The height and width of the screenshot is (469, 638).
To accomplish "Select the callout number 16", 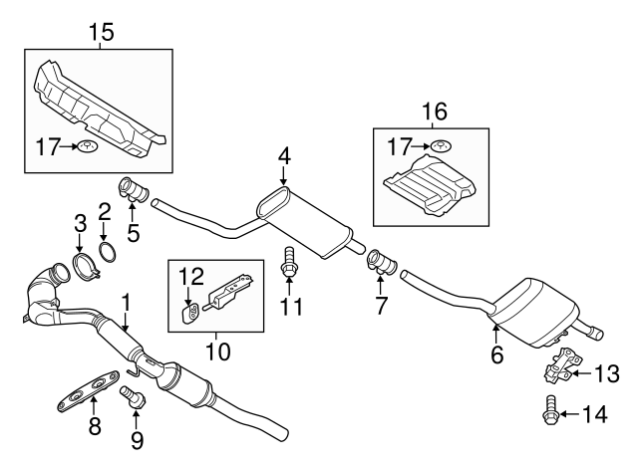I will (x=431, y=110).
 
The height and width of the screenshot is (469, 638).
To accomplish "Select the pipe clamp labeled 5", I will (x=133, y=188).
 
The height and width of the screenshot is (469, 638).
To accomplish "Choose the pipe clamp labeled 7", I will (x=382, y=263).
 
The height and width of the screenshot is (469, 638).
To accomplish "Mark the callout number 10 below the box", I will (x=216, y=352).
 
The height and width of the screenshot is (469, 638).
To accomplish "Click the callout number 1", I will (x=126, y=299).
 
